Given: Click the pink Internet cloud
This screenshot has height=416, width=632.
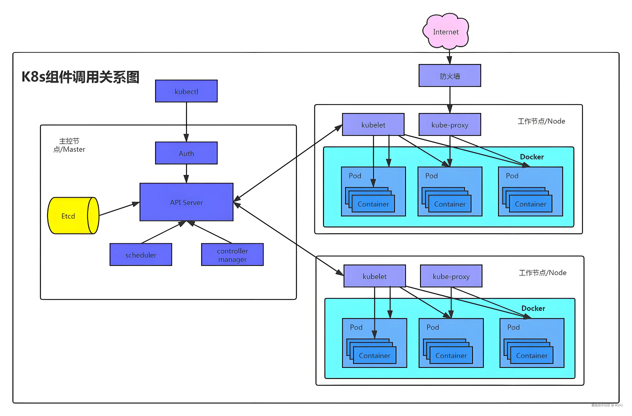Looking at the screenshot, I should click(x=446, y=31).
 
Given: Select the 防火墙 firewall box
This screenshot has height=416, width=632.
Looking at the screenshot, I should click(x=450, y=76).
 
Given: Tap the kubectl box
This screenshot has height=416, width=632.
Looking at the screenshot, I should click(x=186, y=91).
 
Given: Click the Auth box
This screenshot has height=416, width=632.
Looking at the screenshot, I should click(x=186, y=153).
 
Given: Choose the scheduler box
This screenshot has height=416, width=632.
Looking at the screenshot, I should click(x=141, y=255).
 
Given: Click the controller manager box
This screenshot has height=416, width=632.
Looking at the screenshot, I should click(x=232, y=255).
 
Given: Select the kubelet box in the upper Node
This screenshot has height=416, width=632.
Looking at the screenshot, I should click(x=373, y=124).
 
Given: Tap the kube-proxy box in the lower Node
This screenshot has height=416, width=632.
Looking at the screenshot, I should click(x=451, y=276).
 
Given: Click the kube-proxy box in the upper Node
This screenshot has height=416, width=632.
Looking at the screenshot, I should click(x=450, y=124).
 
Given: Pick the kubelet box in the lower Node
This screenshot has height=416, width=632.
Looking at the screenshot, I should click(x=374, y=276).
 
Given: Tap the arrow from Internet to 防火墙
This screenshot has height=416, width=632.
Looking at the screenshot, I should click(x=449, y=57).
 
